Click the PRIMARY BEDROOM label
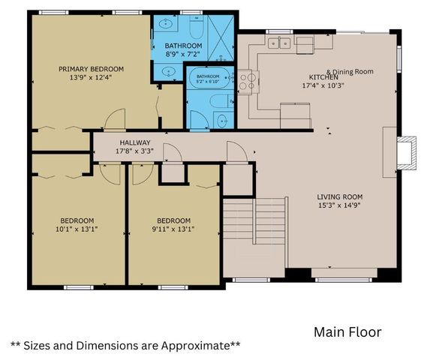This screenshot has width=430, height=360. pyautogui.click(x=91, y=69)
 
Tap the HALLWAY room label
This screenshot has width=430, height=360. pyautogui.click(x=135, y=142)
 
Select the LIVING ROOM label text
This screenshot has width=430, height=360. pyautogui.click(x=340, y=196)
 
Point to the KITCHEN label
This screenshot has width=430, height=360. pyautogui.click(x=323, y=77)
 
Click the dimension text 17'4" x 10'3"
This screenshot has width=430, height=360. pyautogui.click(x=323, y=85)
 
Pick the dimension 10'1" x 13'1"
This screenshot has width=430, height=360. pyautogui.click(x=77, y=229)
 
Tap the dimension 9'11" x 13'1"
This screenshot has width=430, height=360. pyautogui.click(x=173, y=229)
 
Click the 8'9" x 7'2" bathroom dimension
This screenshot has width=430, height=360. pyautogui.click(x=183, y=54)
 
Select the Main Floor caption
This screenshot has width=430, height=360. pyautogui.click(x=347, y=332)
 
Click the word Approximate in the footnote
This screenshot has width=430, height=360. pyautogui.click(x=194, y=346)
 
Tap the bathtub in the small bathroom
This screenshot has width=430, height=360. pyautogui.click(x=210, y=78)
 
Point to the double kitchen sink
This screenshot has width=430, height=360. pyautogui.click(x=279, y=43)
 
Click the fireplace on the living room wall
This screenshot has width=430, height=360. pyautogui.click(x=407, y=153)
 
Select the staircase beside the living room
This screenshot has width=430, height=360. pyautogui.click(x=254, y=221)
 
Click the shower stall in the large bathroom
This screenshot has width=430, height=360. pyautogui.click(x=221, y=37)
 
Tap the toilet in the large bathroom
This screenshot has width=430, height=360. pyautogui.click(x=196, y=27)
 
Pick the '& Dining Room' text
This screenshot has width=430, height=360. pyautogui.click(x=350, y=72)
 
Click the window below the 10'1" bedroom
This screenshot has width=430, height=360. pyautogui.click(x=79, y=287)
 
